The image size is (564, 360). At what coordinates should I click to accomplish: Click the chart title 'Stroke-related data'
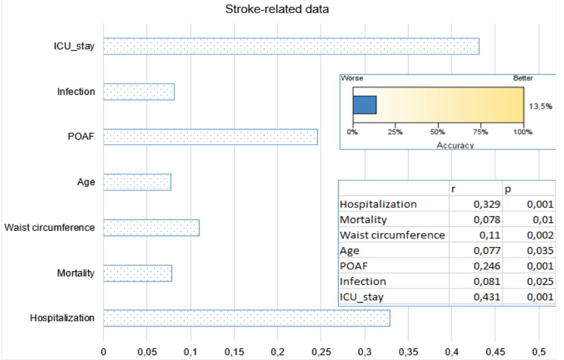(277, 9)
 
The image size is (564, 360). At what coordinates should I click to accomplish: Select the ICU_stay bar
(291, 46)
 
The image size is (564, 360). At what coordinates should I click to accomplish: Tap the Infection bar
(139, 92)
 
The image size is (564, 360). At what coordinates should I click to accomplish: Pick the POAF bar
(210, 137)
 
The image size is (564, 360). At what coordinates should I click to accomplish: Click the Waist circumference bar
(151, 227)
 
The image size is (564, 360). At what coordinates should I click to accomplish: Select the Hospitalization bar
(247, 318)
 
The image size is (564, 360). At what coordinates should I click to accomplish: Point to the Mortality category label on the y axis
(76, 273)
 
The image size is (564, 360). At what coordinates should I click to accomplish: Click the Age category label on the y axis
(86, 182)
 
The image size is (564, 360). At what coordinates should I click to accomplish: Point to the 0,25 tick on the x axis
(321, 352)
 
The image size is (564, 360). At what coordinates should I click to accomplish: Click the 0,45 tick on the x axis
(495, 352)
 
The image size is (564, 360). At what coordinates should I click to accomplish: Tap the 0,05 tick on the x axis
(147, 352)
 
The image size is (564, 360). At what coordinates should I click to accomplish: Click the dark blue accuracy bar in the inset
(364, 105)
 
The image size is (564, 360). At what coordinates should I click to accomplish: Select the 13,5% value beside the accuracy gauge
(540, 107)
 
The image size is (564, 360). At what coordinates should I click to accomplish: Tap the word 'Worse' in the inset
(352, 78)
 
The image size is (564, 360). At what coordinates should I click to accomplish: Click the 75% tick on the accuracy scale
(481, 132)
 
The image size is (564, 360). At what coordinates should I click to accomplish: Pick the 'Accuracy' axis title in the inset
(455, 145)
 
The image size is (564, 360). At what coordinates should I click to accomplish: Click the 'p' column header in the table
(508, 189)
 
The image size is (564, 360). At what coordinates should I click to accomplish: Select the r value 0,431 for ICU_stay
(487, 297)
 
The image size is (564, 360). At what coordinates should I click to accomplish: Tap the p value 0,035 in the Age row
(540, 251)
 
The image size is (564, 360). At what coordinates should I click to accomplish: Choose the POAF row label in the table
(354, 266)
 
